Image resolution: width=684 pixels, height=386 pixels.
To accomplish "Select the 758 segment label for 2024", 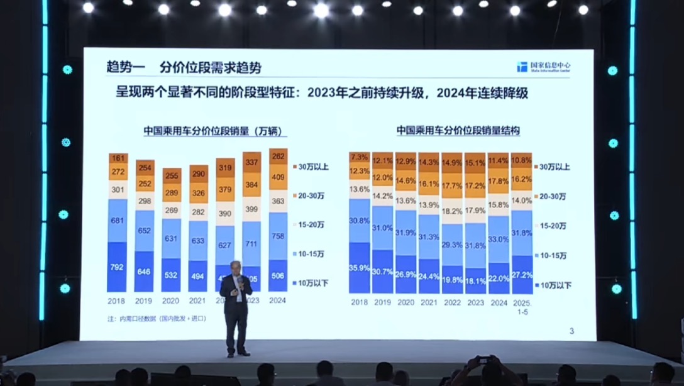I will coord(278,236).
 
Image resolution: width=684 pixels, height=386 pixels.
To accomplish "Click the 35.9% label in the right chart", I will coord(359,267).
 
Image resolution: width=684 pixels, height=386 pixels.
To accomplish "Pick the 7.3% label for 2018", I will coord(359,157).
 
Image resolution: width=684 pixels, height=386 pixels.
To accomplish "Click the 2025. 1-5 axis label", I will coord(522,306).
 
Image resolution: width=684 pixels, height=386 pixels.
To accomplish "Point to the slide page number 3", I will coord(571,331).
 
